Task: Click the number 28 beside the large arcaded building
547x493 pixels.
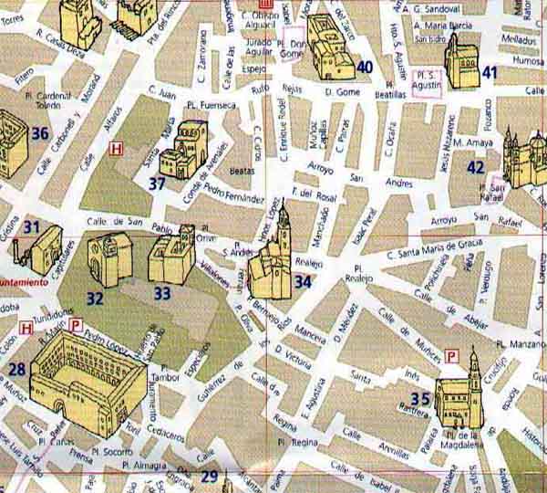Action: coord(17,370)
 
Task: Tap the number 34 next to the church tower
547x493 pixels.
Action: coord(304,281)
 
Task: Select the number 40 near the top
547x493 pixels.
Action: coord(365,67)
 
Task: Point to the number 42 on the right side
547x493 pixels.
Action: coord(476,167)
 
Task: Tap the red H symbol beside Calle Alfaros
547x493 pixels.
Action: coord(115,149)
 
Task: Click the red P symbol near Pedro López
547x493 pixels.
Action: coord(77,324)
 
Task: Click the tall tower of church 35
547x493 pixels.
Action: coord(472,374)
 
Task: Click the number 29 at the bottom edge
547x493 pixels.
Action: coord(210,476)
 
